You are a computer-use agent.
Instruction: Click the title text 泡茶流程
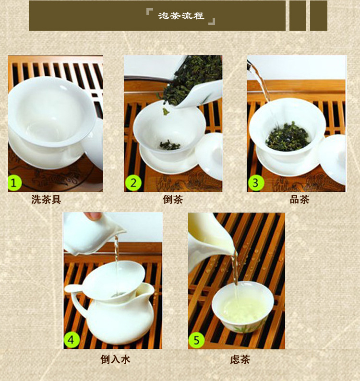coord(181,16)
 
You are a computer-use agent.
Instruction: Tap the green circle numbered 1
coord(15,183)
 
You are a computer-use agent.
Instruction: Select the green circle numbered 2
coord(133,183)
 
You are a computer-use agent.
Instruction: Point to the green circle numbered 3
coord(256,183)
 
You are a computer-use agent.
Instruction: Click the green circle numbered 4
coord(71,340)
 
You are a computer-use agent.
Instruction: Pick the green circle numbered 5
coord(196,340)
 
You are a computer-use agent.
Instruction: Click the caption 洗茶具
coord(46,200)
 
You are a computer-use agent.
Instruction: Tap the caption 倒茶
coord(173,200)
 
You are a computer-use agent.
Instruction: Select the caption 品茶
coord(299,200)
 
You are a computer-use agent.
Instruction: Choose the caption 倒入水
coord(115,359)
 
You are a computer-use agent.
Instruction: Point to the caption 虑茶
coord(240,359)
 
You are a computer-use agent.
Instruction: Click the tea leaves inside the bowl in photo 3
coord(288,137)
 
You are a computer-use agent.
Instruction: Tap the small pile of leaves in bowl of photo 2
coord(170,145)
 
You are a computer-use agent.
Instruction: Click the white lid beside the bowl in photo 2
coord(209,156)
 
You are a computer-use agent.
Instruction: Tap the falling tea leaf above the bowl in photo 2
coord(166,111)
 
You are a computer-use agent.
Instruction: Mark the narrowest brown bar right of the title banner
coord(298,15)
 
